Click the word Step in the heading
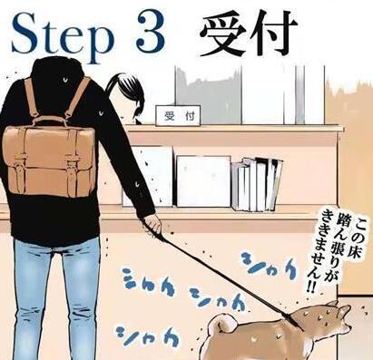point(61,38)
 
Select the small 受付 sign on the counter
point(178,116)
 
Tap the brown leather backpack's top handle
point(49,122)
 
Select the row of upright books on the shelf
point(257,184)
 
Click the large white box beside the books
point(203,181)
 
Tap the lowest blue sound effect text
point(148,337)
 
